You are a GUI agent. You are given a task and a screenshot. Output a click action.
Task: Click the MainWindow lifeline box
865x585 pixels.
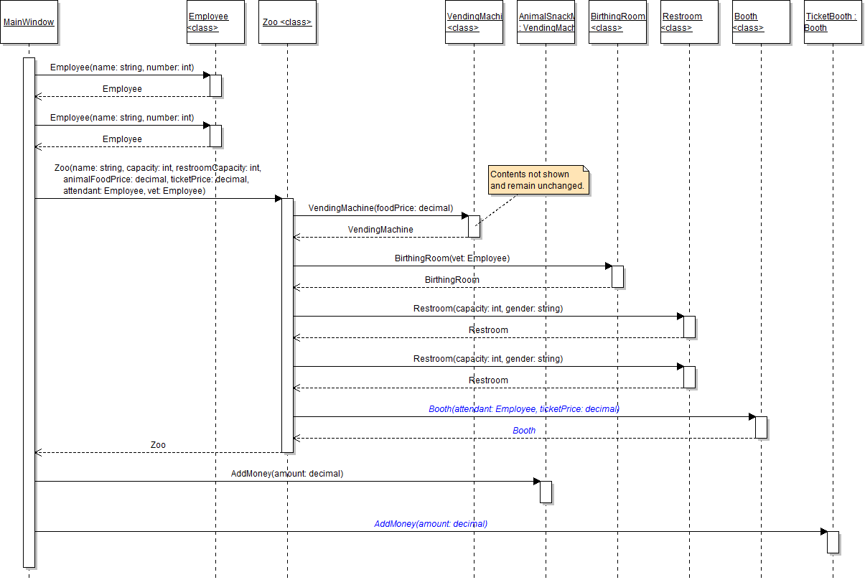29,22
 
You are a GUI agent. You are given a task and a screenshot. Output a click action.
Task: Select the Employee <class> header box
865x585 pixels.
215,22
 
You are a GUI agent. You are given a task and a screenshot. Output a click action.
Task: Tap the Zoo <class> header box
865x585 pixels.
287,22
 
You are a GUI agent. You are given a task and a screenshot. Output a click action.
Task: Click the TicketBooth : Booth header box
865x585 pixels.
833,22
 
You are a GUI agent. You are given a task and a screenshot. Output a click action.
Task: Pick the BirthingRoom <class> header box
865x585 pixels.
617,22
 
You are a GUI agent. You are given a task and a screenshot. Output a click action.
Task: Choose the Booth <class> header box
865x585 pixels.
761,22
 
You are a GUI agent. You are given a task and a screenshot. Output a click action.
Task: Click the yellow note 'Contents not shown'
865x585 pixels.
538,179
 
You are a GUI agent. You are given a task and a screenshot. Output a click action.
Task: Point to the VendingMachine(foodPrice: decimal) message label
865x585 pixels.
380,208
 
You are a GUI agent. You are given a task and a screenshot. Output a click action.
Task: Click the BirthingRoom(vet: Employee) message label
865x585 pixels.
452,258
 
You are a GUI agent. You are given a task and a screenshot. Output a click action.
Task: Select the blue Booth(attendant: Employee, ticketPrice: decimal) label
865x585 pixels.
524,409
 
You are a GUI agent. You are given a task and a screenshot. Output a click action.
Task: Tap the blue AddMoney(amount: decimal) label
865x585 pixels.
431,524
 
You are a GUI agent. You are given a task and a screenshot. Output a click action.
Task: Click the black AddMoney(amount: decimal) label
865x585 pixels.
287,474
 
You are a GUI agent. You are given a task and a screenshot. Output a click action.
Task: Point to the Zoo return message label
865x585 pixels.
158,445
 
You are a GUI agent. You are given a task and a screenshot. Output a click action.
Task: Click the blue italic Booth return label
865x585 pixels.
524,431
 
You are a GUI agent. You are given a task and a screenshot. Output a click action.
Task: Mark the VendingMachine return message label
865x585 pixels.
380,230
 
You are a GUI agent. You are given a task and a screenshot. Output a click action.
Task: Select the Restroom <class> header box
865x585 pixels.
689,22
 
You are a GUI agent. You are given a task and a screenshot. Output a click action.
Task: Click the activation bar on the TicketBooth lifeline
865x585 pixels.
833,542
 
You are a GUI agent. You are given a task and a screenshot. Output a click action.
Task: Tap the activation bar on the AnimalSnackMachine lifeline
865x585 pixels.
546,492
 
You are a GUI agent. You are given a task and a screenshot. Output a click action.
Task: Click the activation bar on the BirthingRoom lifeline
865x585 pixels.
617,276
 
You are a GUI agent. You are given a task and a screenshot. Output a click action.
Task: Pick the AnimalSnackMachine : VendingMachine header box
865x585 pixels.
546,22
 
